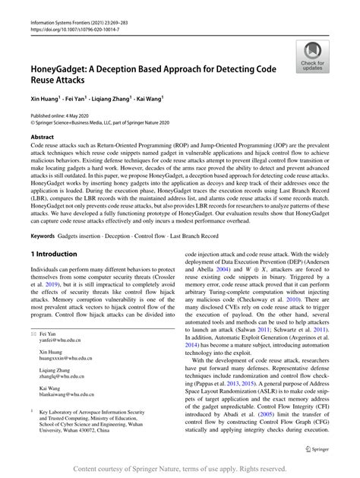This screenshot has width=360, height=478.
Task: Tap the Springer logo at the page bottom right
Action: pos(317,450)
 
